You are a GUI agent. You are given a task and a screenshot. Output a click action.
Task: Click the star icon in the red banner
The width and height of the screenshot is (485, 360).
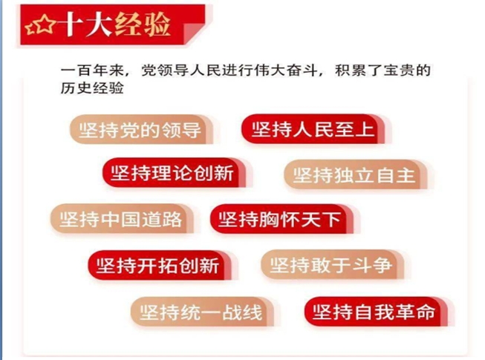[41, 24]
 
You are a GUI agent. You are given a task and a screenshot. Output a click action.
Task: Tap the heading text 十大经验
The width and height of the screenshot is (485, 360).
[114, 24]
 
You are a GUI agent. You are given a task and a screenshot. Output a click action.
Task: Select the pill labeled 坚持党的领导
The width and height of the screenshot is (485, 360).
[141, 129]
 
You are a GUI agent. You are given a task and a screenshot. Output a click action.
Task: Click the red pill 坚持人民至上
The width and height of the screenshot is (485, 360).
[313, 129]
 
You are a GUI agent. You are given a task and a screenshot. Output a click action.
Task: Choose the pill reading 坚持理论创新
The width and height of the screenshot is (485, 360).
[174, 173]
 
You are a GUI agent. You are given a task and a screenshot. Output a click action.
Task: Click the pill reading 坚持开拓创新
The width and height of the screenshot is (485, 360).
[160, 266]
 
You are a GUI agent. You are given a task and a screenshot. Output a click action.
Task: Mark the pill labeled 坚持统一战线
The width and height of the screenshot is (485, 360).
[202, 312]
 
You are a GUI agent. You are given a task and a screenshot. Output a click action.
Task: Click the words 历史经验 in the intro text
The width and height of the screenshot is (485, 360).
[92, 88]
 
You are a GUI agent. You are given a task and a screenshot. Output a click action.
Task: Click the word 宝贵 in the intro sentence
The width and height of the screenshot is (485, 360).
[399, 71]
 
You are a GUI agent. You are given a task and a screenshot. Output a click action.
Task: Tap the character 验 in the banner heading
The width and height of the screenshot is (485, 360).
[157, 24]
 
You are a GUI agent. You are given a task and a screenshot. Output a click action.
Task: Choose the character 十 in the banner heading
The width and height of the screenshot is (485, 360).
[71, 25]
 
